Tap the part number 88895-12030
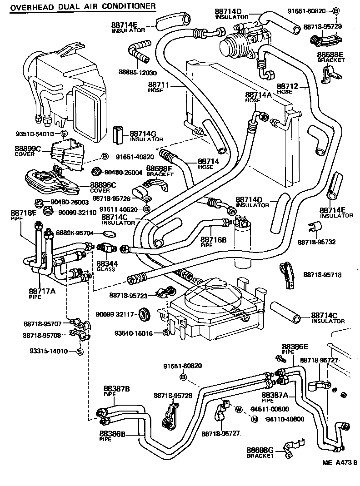[137, 73]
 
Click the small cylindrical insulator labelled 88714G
[118, 134]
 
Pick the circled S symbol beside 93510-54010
[64, 134]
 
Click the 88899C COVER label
[28, 151]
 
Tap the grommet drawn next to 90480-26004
[96, 172]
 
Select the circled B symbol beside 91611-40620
[146, 209]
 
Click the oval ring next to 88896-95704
[109, 233]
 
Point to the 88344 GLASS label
[105, 266]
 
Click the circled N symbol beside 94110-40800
[255, 419]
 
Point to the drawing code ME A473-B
[340, 463]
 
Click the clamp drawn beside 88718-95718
[287, 275]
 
